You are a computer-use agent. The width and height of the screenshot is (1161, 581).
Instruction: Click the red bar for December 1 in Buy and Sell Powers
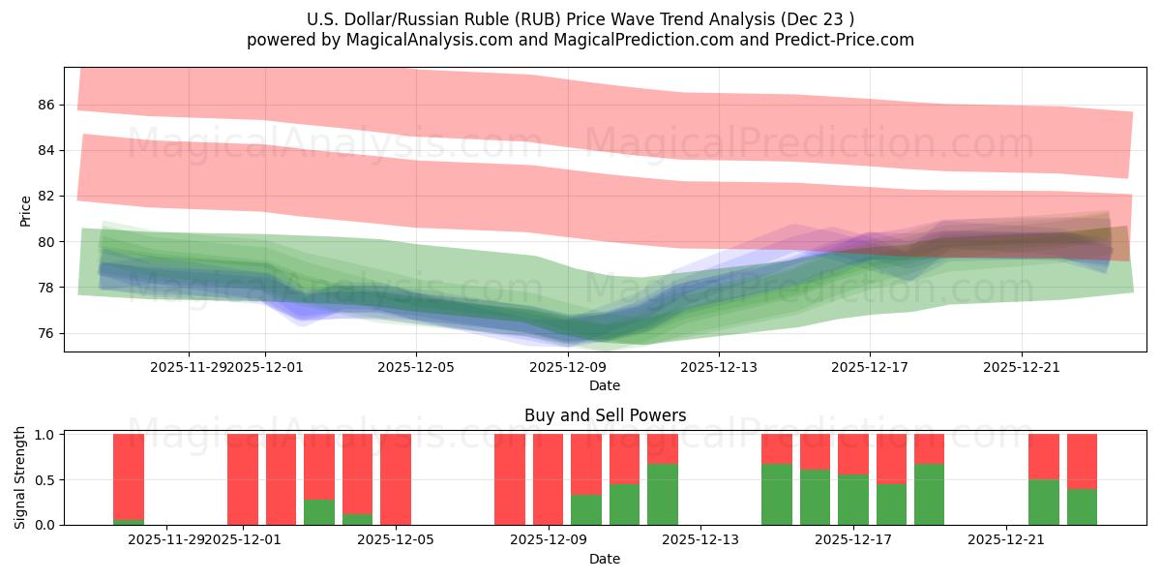click(243, 479)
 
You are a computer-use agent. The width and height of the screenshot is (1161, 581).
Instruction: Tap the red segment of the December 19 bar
click(929, 448)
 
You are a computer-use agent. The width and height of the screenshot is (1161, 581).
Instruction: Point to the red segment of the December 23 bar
click(1082, 461)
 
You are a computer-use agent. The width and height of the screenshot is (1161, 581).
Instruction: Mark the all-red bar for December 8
click(510, 479)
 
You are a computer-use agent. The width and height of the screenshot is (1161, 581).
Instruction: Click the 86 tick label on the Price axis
click(45, 105)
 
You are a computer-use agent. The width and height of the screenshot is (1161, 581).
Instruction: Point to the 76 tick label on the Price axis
click(45, 333)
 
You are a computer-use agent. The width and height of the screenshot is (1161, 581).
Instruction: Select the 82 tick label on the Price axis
click(45, 196)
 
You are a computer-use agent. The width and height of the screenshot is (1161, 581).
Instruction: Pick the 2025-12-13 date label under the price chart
click(719, 367)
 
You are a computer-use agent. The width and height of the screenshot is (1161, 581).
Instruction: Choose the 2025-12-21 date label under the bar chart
click(1006, 539)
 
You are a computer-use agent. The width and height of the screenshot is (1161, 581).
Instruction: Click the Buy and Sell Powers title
click(605, 415)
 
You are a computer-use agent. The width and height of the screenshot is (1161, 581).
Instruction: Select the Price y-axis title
click(26, 212)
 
